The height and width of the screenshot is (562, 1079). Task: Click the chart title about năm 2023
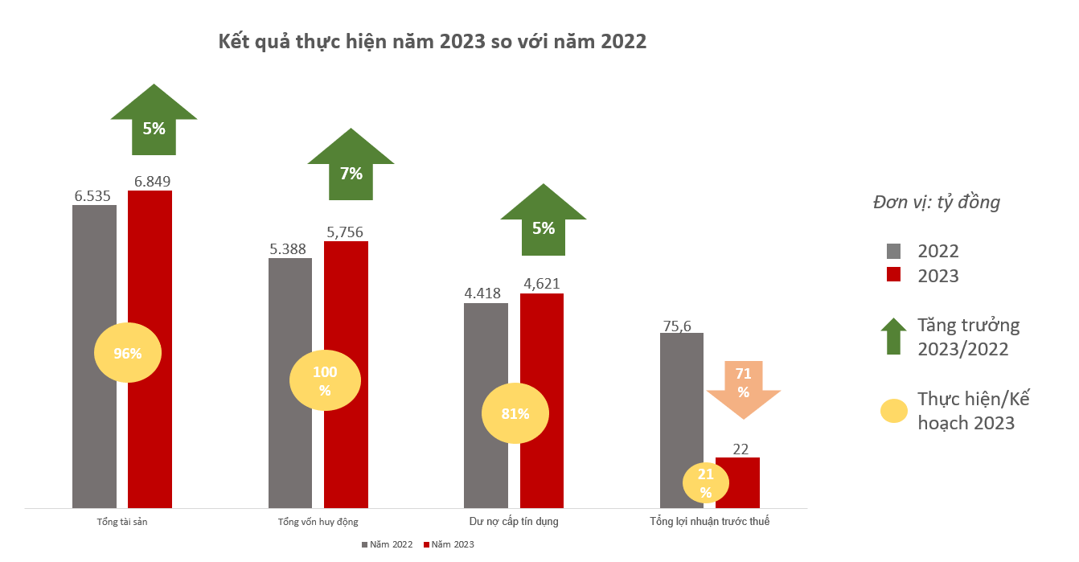432,42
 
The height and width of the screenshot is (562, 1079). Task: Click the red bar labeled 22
737,482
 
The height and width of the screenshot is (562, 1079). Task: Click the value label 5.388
289,248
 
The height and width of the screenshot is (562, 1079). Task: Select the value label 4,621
541,284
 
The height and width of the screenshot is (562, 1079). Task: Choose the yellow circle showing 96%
128,353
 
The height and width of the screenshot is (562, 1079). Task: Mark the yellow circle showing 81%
515,414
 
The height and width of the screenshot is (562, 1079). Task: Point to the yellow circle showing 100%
324,380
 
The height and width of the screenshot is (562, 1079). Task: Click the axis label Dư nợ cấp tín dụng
514,522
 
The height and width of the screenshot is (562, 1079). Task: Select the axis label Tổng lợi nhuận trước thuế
710,522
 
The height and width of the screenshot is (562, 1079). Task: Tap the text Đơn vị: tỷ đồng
937,203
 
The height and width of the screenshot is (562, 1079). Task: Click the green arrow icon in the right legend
892,336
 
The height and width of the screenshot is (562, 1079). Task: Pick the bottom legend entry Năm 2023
448,544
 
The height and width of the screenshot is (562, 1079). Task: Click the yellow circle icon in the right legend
892,412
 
